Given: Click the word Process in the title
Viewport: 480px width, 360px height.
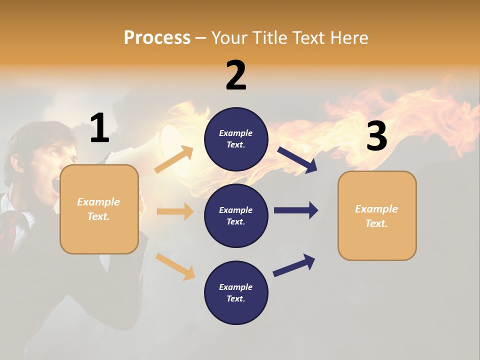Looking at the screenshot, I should pos(157,37).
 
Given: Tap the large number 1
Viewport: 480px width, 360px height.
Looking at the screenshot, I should pos(99,128).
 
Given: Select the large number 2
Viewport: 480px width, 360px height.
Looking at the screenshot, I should pos(236,75).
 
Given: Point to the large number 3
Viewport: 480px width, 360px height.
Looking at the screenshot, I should pos(376,136).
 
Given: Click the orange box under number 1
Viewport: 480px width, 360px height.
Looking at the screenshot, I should pos(99,209).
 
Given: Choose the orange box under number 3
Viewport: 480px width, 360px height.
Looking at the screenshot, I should pos(377,215).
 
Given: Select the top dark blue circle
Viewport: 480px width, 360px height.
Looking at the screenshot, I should pos(236,139).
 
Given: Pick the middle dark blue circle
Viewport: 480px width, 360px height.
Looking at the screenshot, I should pos(236,215).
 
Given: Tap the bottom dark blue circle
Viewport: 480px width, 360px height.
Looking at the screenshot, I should pos(236,292).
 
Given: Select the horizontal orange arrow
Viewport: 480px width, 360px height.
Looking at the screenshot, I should pos(175,211).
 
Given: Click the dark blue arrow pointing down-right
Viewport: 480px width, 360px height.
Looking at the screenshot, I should pos(297,160).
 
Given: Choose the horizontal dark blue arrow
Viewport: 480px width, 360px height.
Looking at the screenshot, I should pos(296,210).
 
